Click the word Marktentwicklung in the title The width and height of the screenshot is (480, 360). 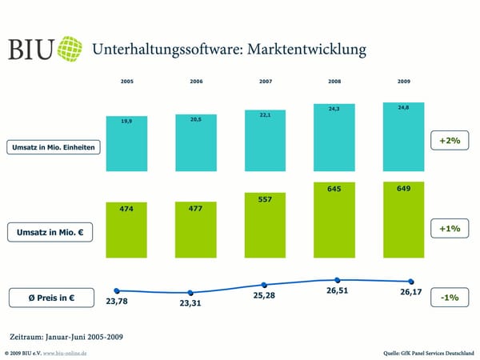(308, 50)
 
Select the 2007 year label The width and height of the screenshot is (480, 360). (266, 82)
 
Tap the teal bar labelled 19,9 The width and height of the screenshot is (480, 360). (127, 144)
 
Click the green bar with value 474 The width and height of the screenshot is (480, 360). (127, 230)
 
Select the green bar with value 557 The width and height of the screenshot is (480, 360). (266, 224)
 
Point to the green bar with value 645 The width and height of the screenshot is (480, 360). (334, 219)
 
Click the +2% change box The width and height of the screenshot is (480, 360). (450, 141)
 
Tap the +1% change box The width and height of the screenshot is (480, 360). (450, 229)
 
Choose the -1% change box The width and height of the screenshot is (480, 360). (450, 298)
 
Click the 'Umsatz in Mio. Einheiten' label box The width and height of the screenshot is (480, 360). (54, 148)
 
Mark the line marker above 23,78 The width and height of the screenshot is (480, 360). (117, 290)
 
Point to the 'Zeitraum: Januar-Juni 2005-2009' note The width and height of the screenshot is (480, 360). (66, 336)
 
